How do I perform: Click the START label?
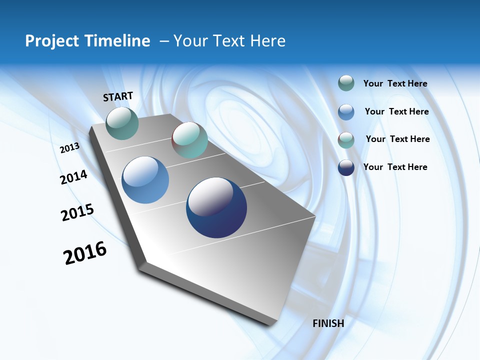[118, 96]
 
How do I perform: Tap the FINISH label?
[328, 323]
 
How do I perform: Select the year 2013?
[70, 147]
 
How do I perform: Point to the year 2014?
[74, 177]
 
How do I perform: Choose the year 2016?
[85, 253]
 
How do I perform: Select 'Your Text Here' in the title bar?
[229, 41]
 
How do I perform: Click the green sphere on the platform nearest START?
[122, 123]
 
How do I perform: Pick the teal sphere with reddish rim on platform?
[189, 140]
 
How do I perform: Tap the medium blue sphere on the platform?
[145, 180]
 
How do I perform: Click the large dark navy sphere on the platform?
[216, 207]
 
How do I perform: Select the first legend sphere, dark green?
[346, 83]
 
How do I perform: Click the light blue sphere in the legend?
[346, 111]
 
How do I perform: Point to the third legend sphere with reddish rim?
[346, 140]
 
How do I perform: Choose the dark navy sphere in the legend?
[346, 167]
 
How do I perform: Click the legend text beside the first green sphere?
[395, 83]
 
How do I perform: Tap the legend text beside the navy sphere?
[395, 167]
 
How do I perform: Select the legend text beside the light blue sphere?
[396, 111]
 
